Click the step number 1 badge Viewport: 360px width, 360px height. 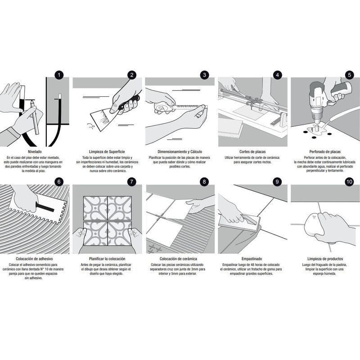coord(58,75)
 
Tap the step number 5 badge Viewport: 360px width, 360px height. coord(349,75)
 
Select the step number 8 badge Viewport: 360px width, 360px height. coord(204,182)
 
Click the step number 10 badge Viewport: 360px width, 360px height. coord(349,182)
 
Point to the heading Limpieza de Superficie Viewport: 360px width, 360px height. coord(107,152)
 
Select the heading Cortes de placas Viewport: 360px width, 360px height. coord(252,152)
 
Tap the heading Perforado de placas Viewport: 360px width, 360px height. coord(325,152)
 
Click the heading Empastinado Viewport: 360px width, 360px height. coord(252,259)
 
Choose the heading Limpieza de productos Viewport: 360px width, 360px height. coord(325,259)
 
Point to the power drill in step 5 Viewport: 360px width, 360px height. coord(326,97)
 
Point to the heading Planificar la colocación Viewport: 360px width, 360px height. coord(107,259)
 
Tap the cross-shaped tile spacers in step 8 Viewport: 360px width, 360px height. coord(155,248)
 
